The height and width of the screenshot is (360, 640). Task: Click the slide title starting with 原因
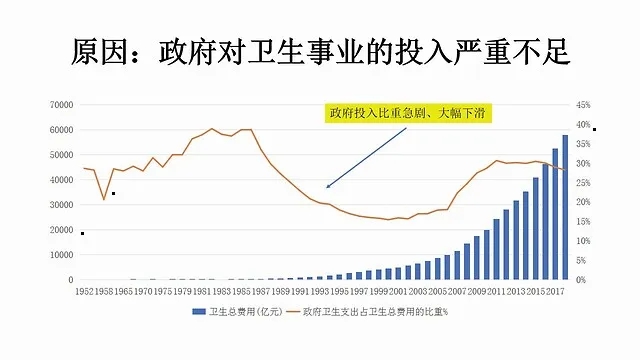click(320, 51)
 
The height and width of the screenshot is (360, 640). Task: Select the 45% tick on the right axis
click(584, 104)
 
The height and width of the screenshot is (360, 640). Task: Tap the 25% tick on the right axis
click(584, 182)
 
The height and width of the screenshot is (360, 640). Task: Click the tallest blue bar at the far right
click(565, 207)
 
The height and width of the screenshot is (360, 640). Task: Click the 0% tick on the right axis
click(581, 279)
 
